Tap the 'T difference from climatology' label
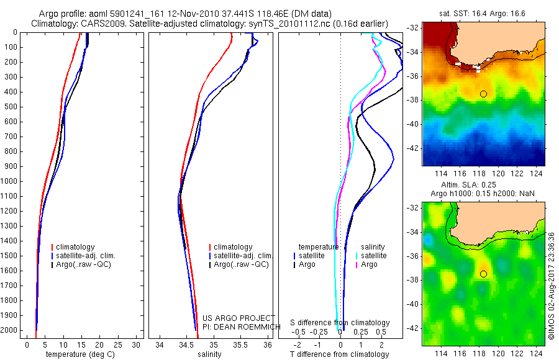click(x=340, y=354)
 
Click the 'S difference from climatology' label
click(x=340, y=323)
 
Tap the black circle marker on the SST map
click(x=483, y=94)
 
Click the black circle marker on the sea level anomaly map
click(x=483, y=274)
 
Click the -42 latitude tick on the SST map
click(x=412, y=148)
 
